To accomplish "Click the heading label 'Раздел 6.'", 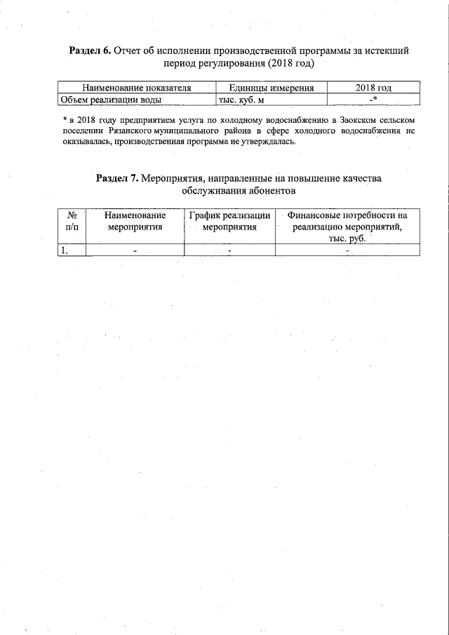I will [x=91, y=51].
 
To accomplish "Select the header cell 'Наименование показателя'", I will [x=137, y=88].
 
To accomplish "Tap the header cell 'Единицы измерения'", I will [x=271, y=88].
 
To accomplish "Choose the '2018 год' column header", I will [x=373, y=88].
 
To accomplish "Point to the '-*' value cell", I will [x=373, y=100].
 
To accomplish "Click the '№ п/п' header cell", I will [x=71, y=221].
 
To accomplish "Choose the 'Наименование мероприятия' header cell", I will [x=135, y=221].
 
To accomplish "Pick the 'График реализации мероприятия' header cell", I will [x=229, y=221].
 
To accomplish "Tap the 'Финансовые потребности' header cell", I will [x=347, y=216].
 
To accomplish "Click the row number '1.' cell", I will [x=65, y=250].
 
